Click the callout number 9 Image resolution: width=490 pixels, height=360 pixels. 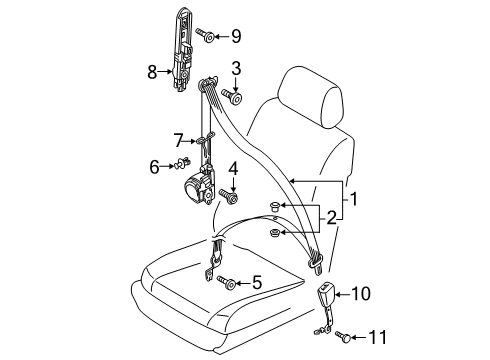click(x=236, y=36)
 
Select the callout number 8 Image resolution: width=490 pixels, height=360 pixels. click(x=152, y=72)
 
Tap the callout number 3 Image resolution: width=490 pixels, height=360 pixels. click(x=236, y=68)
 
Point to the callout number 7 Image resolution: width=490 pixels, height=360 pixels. click(x=179, y=141)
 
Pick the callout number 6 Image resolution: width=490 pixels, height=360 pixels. click(x=154, y=167)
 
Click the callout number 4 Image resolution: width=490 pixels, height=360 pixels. click(x=233, y=169)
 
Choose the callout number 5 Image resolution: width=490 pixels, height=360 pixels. click(x=257, y=283)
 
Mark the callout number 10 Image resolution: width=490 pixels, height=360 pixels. click(x=361, y=294)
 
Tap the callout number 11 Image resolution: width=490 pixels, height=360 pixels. click(x=377, y=337)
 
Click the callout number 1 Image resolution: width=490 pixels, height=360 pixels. click(x=354, y=199)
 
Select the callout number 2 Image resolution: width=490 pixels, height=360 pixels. click(x=331, y=219)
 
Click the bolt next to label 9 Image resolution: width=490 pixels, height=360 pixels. click(x=205, y=34)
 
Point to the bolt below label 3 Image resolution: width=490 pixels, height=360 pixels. click(x=232, y=95)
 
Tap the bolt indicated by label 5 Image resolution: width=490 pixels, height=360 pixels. click(x=226, y=282)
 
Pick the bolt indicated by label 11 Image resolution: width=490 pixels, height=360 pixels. click(x=343, y=336)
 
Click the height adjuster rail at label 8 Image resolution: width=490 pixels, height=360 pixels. click(x=183, y=49)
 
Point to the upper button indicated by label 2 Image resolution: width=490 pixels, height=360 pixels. click(x=274, y=206)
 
